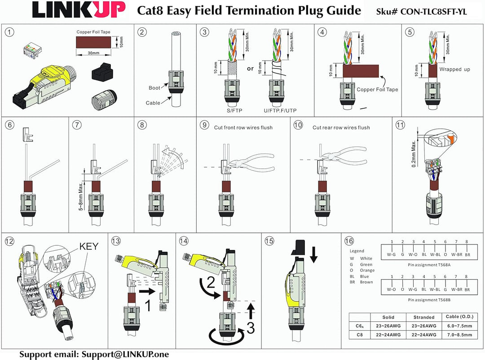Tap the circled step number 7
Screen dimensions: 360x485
point(78,125)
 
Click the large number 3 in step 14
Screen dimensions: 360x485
point(250,329)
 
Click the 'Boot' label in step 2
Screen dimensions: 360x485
point(154,88)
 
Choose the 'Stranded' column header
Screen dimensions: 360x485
point(424,317)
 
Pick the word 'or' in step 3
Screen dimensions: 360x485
point(251,69)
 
